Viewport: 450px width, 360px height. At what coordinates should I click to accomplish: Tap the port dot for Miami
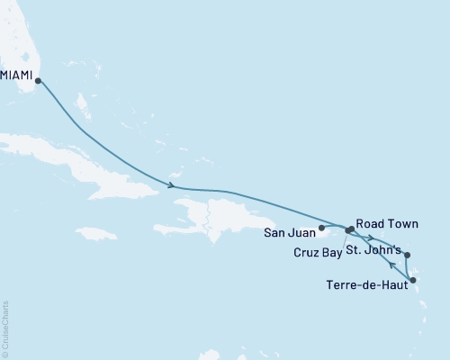(x=37, y=81)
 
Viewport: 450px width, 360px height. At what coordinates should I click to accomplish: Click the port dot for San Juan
(x=321, y=228)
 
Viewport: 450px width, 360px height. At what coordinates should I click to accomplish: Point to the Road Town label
(x=389, y=222)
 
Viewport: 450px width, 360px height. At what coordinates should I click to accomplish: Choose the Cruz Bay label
(x=318, y=253)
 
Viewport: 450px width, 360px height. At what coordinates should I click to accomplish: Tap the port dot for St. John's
(x=407, y=255)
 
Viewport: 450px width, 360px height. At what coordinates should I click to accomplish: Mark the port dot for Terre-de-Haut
(x=412, y=282)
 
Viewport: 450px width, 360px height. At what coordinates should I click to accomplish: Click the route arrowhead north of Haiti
(x=170, y=186)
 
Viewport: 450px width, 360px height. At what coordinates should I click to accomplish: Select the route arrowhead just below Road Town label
(x=370, y=238)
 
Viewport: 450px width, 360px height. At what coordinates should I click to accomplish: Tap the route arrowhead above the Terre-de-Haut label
(x=390, y=265)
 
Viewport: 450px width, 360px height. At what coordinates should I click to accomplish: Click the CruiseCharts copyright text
(x=6, y=329)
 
